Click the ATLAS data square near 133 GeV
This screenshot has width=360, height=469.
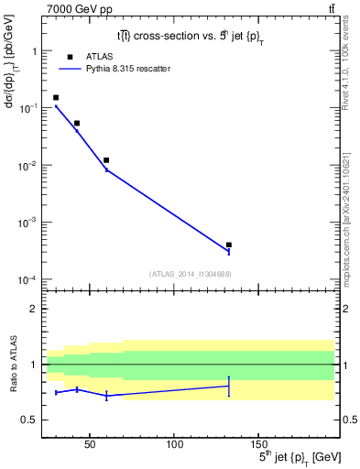coord(228,245)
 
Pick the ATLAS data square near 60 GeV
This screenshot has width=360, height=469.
coord(106,160)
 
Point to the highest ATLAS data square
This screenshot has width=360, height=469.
coord(56,97)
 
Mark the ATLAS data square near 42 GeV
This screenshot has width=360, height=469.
coord(77,123)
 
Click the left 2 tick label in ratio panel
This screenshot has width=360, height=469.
coord(34,309)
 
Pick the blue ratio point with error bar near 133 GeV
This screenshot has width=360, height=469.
coord(228,387)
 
